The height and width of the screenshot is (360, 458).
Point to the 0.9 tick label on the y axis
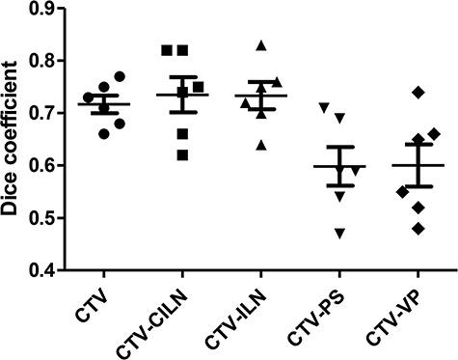40,9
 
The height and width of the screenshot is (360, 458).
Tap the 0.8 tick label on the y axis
40,61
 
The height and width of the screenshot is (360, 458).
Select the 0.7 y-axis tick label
40,113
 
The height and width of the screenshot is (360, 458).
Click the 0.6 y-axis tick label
40,165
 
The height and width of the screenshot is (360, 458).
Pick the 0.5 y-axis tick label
40,217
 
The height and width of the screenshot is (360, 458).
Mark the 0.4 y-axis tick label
40,269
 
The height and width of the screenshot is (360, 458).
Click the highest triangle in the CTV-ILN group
260,45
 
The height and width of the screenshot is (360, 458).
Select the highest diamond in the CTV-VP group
418,92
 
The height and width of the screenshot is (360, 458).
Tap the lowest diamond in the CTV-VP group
418,229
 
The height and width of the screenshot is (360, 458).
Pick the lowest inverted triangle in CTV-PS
338,233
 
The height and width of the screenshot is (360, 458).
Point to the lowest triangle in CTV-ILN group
260,145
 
